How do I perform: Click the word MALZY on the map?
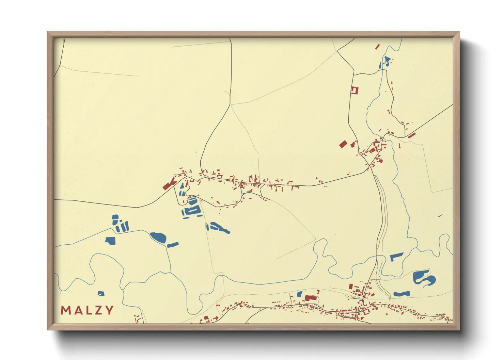(87, 310)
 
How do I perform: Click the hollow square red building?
(355, 90)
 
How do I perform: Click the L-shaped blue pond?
(396, 256)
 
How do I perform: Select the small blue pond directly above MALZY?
(101, 293)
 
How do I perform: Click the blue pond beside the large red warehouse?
(300, 294)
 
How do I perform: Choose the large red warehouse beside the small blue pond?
(311, 298)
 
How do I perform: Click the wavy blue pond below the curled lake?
(401, 293)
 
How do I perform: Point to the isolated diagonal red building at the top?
(377, 47)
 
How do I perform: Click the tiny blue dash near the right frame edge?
(440, 216)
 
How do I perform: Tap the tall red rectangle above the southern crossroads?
(351, 287)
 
